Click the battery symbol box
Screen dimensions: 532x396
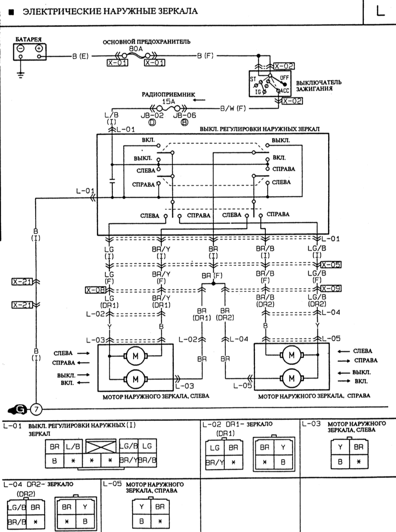(29, 50)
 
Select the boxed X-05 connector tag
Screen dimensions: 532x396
(331, 264)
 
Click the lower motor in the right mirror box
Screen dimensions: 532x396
(290, 379)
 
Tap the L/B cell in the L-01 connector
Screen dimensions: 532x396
(73, 447)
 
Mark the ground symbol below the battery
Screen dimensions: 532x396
(20, 74)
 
